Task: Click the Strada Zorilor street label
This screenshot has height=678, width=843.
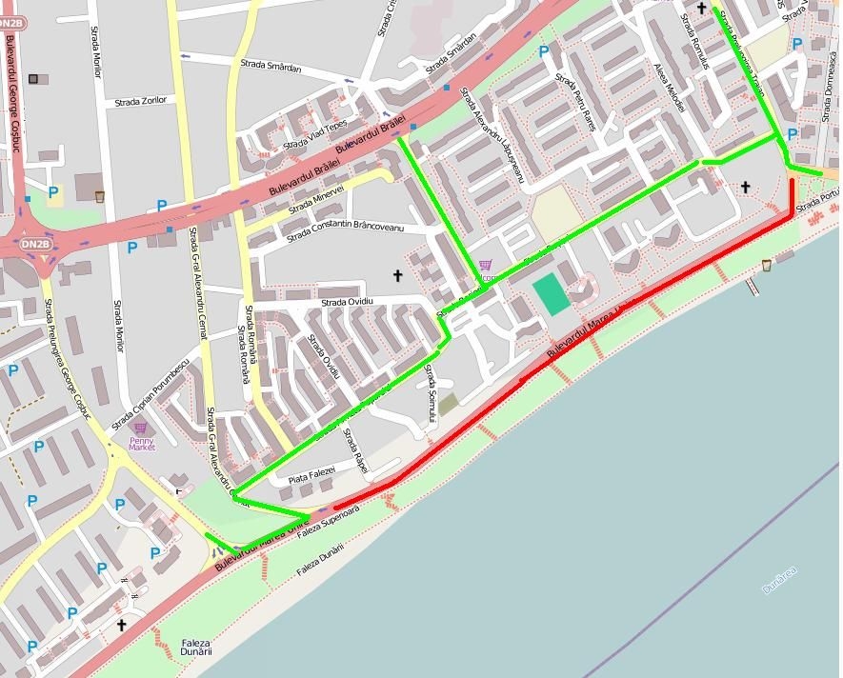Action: [x=141, y=100]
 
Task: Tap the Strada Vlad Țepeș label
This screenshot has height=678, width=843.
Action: [x=315, y=138]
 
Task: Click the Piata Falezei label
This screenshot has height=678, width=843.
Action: [x=312, y=472]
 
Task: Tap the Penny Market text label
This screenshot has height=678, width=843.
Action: [x=141, y=443]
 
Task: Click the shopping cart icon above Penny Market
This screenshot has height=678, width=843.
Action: [x=141, y=429]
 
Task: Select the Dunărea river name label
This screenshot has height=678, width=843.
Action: [x=779, y=579]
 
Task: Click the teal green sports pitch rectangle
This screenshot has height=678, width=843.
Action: [x=552, y=293]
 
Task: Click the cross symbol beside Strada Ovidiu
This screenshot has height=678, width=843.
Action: [x=397, y=275]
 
